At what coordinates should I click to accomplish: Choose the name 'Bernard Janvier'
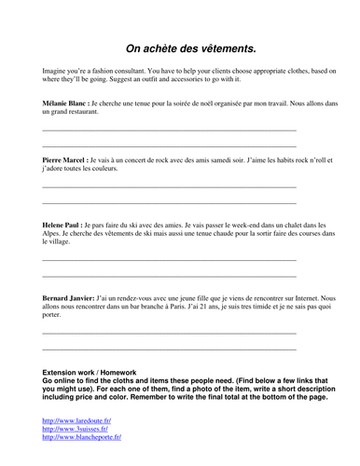(x=68, y=297)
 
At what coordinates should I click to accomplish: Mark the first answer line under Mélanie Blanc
(x=169, y=130)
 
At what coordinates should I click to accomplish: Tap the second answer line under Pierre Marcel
(x=169, y=202)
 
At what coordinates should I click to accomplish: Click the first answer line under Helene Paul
(x=169, y=260)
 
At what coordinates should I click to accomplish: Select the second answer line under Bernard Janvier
(x=169, y=349)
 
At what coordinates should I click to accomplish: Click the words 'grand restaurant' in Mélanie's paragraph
(x=80, y=114)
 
